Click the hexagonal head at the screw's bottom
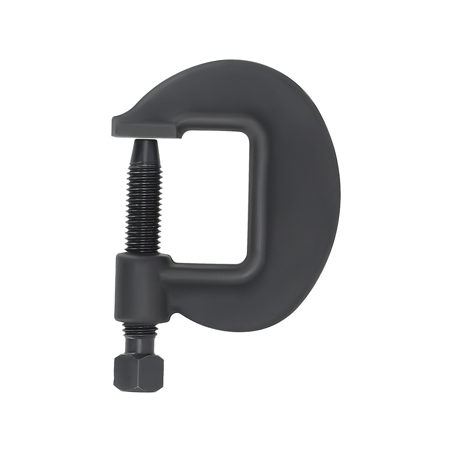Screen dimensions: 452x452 [x=138, y=372]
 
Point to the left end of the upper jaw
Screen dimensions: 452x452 [x=114, y=126]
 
